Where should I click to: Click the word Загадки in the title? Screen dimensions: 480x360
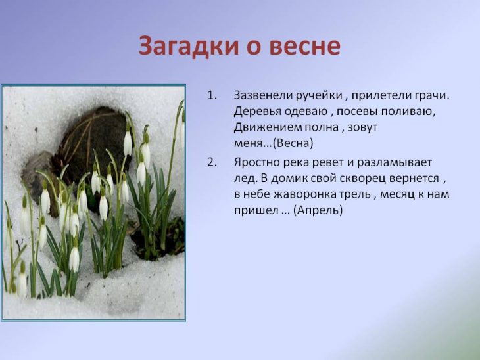188,46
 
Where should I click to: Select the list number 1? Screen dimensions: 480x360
212,95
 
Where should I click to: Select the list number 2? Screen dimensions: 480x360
212,162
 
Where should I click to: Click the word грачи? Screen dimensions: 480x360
432,97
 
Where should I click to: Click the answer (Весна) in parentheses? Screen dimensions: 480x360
293,143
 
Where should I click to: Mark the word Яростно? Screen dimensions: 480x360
256,163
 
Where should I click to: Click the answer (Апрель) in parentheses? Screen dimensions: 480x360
318,211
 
